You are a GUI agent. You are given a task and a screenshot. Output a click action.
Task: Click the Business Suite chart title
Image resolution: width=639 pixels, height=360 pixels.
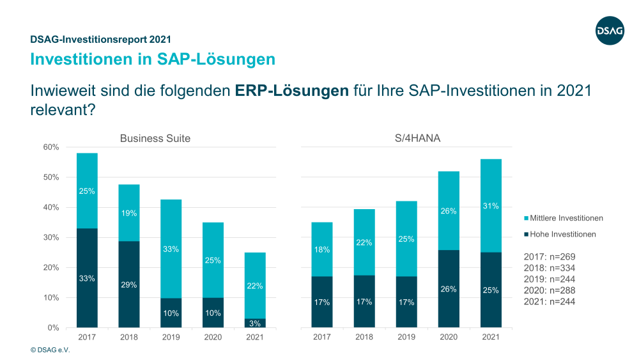pyautogui.click(x=155, y=138)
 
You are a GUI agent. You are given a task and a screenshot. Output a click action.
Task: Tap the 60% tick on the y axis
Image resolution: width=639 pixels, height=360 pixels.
pyautogui.click(x=51, y=147)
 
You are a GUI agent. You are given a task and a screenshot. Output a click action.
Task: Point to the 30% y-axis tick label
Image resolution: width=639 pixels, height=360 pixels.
pyautogui.click(x=51, y=237)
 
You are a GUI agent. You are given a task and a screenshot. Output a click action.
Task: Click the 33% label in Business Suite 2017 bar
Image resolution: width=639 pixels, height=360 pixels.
pyautogui.click(x=88, y=278)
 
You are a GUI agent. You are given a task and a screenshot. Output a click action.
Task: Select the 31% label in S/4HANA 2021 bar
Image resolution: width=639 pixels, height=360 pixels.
pyautogui.click(x=491, y=206)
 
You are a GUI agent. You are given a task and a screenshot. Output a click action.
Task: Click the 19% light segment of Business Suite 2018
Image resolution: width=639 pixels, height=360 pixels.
pyautogui.click(x=129, y=213)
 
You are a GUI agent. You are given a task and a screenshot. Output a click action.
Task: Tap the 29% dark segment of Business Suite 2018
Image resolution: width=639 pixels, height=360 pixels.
pyautogui.click(x=129, y=284)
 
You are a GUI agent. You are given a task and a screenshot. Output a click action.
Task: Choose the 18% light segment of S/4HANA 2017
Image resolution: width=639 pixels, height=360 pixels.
pyautogui.click(x=322, y=249)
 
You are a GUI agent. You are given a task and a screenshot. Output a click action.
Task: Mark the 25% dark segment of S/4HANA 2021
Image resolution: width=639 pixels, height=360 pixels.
pyautogui.click(x=491, y=290)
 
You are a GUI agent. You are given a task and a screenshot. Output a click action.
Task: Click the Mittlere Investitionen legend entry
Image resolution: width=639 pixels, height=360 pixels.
pyautogui.click(x=562, y=218)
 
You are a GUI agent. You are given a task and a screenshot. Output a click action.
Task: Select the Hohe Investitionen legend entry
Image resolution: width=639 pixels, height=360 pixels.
pyautogui.click(x=558, y=234)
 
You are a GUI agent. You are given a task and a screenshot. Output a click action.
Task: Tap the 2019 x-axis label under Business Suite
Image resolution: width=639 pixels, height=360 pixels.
pyautogui.click(x=171, y=337)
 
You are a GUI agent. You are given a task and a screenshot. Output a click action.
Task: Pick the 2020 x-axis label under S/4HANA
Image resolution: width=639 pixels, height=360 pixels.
pyautogui.click(x=449, y=337)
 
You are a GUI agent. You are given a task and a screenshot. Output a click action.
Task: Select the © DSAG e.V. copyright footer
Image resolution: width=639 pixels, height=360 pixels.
pyautogui.click(x=50, y=350)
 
